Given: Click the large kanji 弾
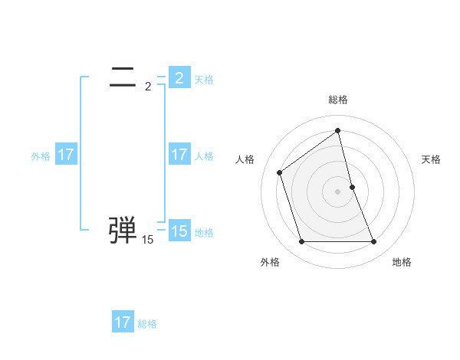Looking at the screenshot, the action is (123, 230).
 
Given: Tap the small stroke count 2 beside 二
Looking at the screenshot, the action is (148, 86).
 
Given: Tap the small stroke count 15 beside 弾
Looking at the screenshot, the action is (147, 240).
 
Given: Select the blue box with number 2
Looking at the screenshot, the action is (179, 77).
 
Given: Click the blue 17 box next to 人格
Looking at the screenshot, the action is (179, 155).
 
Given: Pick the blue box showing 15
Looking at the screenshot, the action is (179, 231).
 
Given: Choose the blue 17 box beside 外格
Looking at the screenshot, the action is (65, 155).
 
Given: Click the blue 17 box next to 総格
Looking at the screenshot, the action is (122, 322).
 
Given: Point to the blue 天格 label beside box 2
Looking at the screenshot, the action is (204, 79).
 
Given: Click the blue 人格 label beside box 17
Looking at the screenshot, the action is (204, 156).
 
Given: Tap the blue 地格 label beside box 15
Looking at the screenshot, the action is (204, 233).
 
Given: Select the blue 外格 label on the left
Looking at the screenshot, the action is (41, 156).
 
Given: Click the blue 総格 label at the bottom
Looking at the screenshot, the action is (147, 324).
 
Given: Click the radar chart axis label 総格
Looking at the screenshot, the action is (338, 100).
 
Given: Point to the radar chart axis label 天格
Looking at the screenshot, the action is (432, 159).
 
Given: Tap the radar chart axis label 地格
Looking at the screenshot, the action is (402, 262).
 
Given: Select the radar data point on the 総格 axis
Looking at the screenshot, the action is (338, 130).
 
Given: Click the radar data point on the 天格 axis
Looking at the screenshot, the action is (353, 186).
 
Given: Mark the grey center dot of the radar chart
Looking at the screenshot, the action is (338, 191).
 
